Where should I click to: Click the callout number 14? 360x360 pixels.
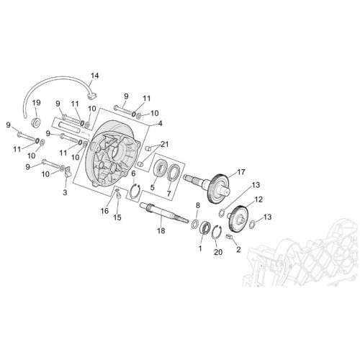95,76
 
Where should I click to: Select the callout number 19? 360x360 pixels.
37,103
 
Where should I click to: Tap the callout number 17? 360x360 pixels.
241,172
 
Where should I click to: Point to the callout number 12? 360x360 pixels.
259,199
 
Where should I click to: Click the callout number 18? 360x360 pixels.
161,231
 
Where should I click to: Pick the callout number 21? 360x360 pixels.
165,145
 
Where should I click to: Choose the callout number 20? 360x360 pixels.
218,252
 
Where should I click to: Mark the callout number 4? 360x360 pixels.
160,123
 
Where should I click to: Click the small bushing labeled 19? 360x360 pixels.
36,122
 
